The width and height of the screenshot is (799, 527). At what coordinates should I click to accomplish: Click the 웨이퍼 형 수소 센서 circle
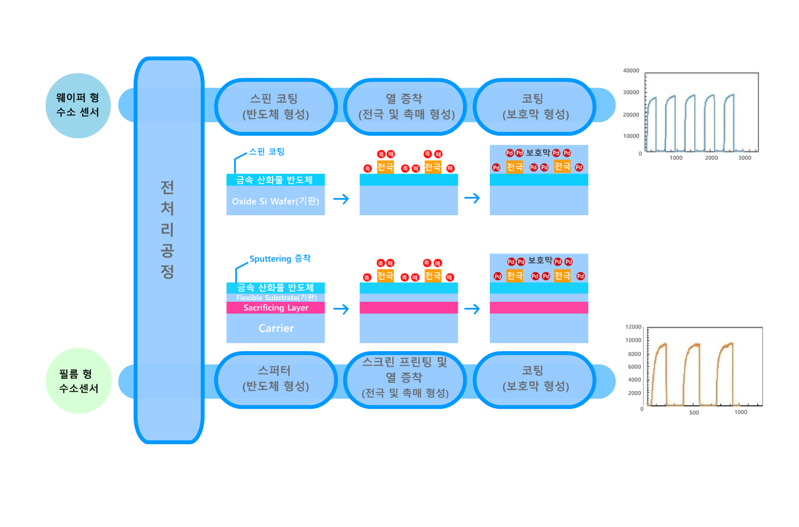[78, 105]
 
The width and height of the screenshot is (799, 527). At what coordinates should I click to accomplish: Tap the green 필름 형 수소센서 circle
[78, 381]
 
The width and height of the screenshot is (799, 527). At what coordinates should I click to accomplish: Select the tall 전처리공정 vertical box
[169, 250]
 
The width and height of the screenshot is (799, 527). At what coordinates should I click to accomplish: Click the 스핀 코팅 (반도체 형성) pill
[276, 107]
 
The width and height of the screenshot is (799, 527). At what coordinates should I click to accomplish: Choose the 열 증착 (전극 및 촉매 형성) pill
[406, 107]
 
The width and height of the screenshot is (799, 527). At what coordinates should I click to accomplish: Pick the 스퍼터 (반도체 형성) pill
[276, 379]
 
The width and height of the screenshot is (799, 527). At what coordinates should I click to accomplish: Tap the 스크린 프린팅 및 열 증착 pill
[405, 378]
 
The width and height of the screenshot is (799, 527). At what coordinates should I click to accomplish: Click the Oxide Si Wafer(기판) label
[275, 201]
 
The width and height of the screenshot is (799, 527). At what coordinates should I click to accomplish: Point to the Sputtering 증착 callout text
[280, 259]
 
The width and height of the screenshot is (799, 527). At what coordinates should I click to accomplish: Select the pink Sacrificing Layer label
[276, 308]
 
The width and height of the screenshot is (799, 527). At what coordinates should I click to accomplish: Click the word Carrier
[276, 328]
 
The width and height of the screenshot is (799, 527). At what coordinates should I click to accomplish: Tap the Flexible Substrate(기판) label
[276, 298]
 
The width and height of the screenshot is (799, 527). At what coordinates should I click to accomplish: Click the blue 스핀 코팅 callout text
[266, 152]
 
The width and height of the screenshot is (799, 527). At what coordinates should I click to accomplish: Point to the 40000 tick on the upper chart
[631, 71]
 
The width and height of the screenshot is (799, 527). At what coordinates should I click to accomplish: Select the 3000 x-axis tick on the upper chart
[745, 158]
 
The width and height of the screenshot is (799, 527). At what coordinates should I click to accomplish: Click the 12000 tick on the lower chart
[633, 327]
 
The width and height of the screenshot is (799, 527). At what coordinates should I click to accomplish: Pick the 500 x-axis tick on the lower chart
[694, 413]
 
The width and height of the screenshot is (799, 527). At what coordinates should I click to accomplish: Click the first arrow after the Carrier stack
[341, 309]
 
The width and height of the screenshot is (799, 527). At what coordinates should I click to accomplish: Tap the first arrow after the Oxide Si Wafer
[341, 199]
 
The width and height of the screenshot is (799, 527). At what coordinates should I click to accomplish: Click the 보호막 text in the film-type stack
[540, 261]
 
